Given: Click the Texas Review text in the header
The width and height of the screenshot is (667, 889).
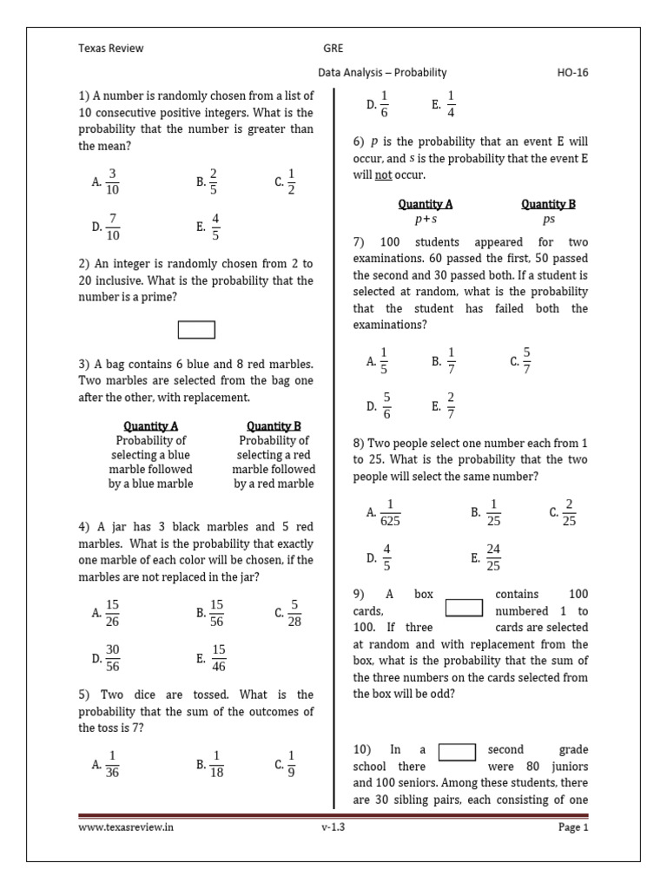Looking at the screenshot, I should [111, 49].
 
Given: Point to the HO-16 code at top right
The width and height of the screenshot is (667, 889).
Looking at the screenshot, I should [572, 73].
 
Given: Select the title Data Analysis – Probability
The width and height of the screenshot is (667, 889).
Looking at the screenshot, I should [382, 73].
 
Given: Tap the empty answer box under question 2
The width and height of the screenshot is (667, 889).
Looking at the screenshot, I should [196, 330].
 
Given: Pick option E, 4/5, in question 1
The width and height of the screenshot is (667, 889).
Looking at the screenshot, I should [215, 227].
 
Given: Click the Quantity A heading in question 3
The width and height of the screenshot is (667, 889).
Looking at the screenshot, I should [151, 425].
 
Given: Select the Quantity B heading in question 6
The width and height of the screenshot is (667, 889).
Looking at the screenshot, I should [548, 204].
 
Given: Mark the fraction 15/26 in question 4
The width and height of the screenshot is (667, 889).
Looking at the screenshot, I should [113, 612].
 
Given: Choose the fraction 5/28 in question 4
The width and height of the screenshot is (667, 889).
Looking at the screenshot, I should [294, 612].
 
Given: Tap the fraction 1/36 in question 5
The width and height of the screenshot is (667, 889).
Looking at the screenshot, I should [113, 764].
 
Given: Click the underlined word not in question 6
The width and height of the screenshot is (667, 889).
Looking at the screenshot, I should [383, 175].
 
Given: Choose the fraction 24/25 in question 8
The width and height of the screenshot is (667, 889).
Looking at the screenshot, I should [493, 557].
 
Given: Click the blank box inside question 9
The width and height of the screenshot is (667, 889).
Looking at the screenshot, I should [464, 607].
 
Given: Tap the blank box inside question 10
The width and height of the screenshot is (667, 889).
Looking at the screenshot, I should [457, 751].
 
